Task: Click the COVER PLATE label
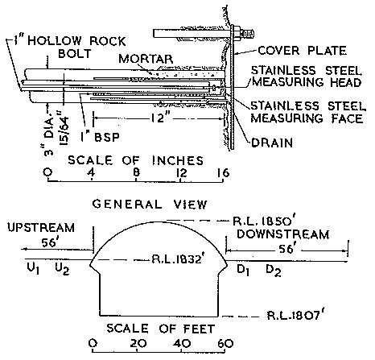point(302,51)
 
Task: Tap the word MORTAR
point(146,59)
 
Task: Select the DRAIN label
point(272,143)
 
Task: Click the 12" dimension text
point(159,118)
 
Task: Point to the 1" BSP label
point(100,137)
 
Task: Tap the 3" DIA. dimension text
point(48,134)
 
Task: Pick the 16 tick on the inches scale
point(224,172)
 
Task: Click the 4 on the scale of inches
point(92,172)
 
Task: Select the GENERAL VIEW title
point(150,205)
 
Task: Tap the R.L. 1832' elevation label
point(176,259)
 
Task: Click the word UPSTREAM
point(41,228)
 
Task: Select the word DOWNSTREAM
point(283,234)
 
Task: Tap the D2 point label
point(274,270)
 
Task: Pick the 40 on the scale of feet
point(183,343)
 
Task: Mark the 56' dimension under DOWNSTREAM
point(286,249)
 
